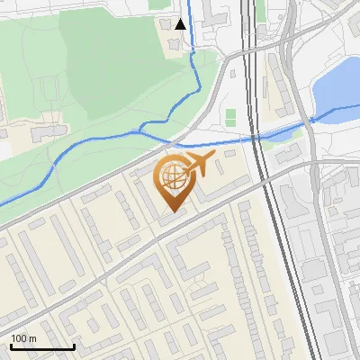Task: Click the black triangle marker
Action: pos(181,24)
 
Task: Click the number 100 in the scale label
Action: pos(19,338)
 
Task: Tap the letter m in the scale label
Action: pos(32,338)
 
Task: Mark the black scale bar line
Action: pos(42,346)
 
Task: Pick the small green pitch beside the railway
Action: pos(230,117)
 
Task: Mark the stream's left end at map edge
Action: pos(3,203)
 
